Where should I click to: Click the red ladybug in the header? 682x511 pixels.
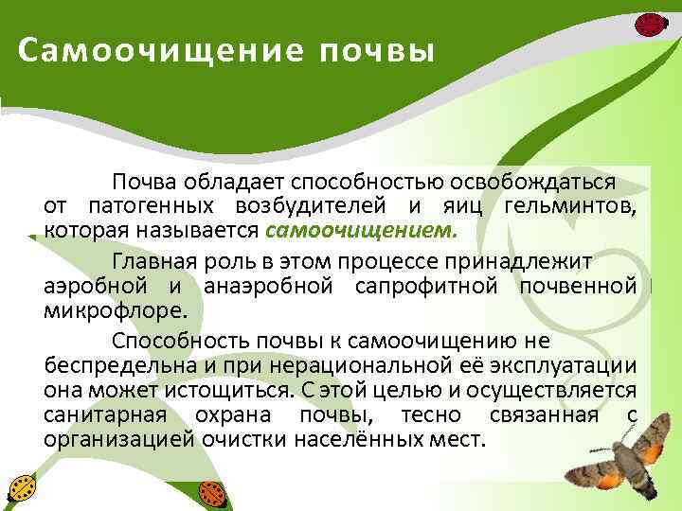pyautogui.click(x=649, y=23)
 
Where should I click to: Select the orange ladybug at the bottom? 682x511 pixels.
pyautogui.click(x=211, y=492)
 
